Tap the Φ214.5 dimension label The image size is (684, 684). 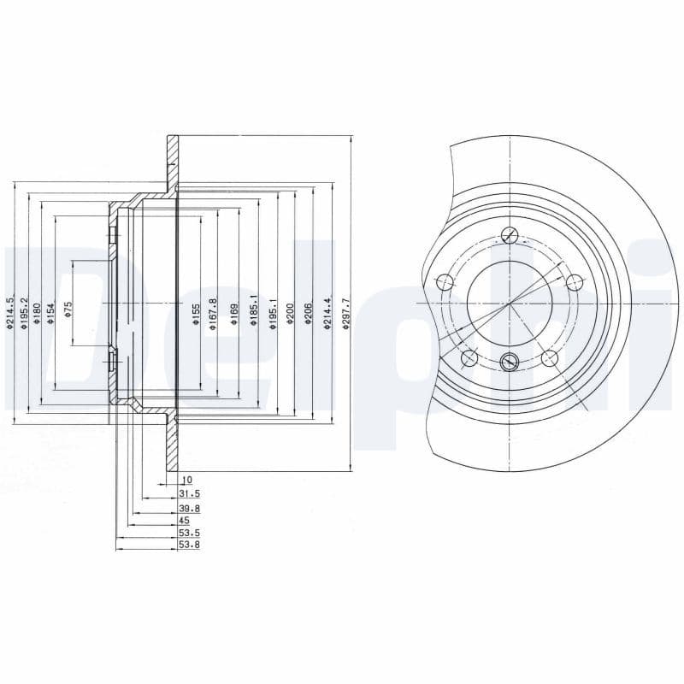coord(10,313)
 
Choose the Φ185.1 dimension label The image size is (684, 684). coord(254,312)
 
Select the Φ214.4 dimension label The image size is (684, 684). coord(327,313)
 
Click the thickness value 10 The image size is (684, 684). coord(187,481)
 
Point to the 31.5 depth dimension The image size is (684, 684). coord(190,493)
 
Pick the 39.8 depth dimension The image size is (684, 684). coord(190,507)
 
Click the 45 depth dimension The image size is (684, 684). coord(184,520)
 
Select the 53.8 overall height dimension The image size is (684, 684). coord(190,545)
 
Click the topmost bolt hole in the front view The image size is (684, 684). coord(510,236)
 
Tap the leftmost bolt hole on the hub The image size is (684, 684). coord(444,282)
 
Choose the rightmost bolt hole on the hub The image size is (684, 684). coord(575,281)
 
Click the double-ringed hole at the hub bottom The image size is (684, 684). coord(509,362)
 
